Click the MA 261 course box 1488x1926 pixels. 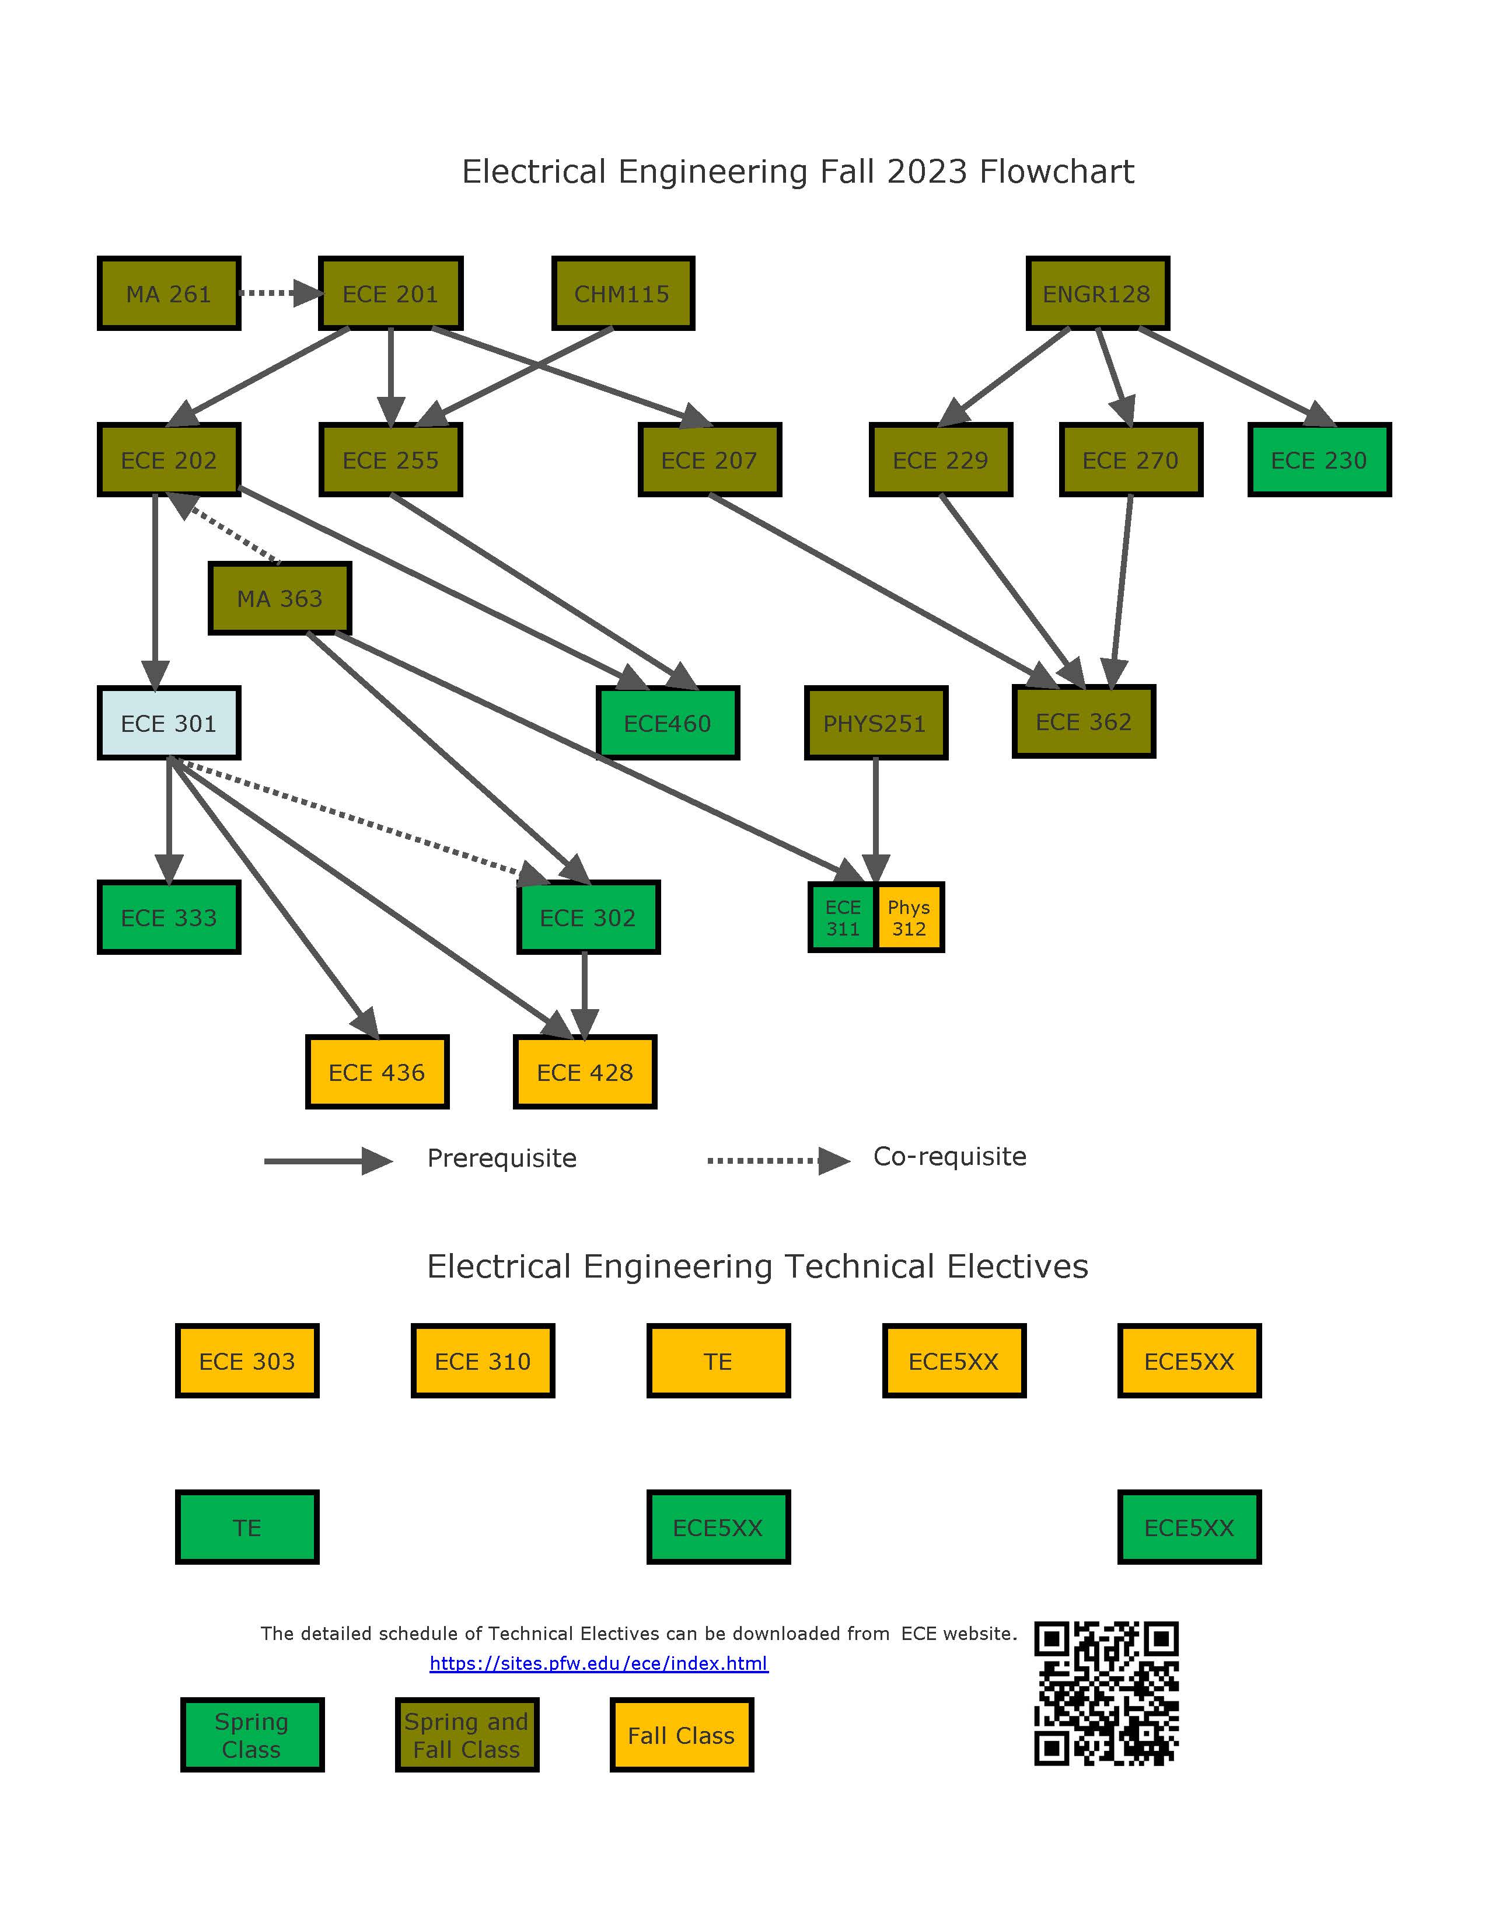(x=169, y=294)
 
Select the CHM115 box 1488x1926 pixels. (x=623, y=294)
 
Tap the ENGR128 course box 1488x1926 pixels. (x=1096, y=294)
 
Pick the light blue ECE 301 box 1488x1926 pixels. (x=169, y=723)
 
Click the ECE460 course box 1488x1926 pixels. (x=668, y=723)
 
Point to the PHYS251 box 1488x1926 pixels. (x=875, y=723)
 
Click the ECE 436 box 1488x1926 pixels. (x=376, y=1072)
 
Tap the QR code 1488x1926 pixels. (x=1106, y=1693)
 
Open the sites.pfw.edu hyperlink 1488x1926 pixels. (x=599, y=1663)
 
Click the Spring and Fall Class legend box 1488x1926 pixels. (x=466, y=1735)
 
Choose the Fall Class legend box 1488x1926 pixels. (x=682, y=1735)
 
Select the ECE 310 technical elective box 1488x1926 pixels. (x=482, y=1360)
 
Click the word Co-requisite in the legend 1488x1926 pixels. (x=949, y=1156)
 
